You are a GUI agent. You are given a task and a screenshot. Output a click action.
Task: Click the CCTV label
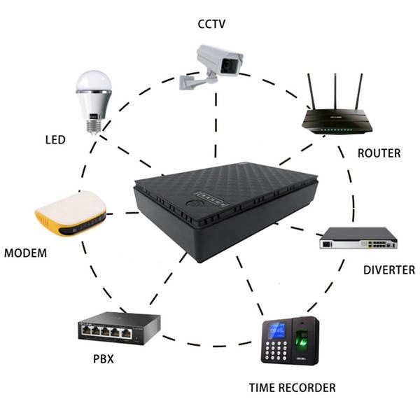211,24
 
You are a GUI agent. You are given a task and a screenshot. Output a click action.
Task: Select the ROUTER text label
379,153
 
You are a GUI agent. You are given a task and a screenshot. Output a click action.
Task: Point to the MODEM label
26,253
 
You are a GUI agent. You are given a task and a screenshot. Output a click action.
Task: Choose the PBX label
103,360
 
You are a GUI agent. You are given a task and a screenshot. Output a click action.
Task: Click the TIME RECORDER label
292,387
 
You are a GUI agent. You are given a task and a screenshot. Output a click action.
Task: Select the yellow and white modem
71,213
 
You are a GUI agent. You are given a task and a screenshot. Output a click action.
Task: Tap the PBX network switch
118,328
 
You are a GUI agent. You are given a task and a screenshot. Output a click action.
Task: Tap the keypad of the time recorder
275,350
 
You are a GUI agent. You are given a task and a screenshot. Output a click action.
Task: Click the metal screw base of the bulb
92,124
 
